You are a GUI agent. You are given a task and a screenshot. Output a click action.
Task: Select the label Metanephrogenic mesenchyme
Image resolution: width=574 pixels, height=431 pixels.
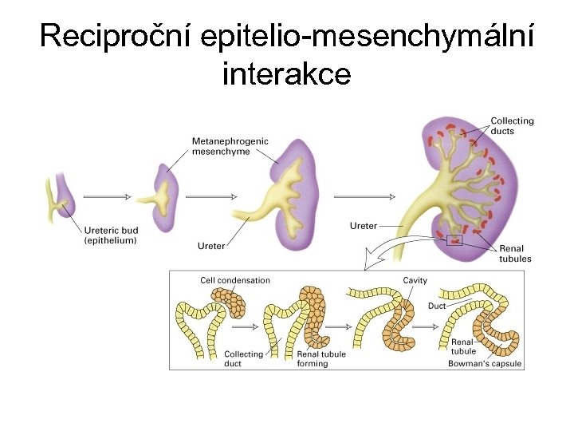230,146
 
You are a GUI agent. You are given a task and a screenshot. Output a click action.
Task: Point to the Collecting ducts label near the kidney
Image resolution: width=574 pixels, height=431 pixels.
512,126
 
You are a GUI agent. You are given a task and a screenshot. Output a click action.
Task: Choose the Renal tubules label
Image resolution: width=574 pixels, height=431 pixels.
515,254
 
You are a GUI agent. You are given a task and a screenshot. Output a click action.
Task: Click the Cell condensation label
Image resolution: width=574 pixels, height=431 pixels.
235,280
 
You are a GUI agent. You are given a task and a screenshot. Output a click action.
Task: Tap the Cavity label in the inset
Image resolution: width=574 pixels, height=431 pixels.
415,280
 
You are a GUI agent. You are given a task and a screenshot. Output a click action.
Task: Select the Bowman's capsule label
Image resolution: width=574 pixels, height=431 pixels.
485,364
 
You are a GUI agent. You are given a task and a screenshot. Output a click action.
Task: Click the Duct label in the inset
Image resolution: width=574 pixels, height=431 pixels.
437,305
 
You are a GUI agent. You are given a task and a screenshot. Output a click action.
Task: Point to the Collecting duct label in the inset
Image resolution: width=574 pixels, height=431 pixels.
243,359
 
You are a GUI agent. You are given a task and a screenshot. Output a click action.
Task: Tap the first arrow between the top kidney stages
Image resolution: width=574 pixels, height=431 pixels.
107,196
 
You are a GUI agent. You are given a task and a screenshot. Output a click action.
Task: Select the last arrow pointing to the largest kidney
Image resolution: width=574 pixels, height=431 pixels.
364,196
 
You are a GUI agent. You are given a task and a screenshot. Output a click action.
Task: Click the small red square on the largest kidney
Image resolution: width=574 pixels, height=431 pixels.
455,239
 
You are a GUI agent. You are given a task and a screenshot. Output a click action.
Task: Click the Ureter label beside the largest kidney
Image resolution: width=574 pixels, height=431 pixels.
364,226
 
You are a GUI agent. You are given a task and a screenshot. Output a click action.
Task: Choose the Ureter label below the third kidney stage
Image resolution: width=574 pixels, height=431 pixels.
211,246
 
